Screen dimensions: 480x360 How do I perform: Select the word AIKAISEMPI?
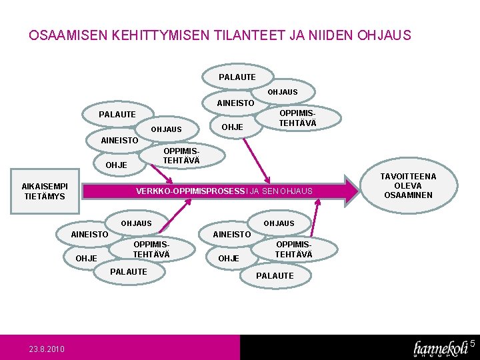pos(45,186)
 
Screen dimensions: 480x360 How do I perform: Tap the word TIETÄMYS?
pos(45,197)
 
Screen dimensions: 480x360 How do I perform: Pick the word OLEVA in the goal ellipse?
pos(408,186)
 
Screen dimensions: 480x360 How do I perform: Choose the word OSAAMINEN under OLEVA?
pos(408,195)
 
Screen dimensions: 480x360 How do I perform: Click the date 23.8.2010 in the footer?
pos(47,349)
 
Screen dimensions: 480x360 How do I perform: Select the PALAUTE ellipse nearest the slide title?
pos(237,77)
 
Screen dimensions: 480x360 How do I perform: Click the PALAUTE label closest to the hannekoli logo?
pos(275,275)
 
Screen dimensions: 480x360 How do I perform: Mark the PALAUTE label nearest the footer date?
pos(129,271)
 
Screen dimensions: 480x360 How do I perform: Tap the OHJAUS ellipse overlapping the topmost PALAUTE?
pos(283,91)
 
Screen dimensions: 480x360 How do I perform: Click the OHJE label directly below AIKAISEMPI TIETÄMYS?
pos(87,258)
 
